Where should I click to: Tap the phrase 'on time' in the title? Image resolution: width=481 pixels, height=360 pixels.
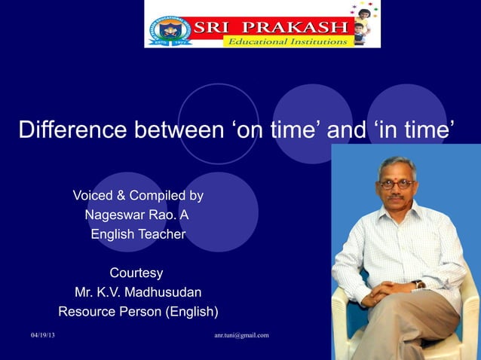(276, 130)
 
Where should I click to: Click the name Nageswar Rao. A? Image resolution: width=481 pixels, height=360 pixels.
(137, 215)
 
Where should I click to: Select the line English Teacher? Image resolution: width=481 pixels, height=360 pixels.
(137, 234)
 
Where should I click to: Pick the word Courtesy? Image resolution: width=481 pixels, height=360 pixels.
(136, 273)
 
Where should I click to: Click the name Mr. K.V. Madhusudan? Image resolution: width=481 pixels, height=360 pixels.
(137, 292)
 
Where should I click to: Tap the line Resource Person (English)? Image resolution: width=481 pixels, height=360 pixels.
(138, 311)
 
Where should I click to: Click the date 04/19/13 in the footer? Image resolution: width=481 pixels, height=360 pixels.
(43, 335)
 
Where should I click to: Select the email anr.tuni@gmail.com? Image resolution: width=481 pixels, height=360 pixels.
(241, 335)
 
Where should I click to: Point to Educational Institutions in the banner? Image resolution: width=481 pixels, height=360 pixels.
(287, 41)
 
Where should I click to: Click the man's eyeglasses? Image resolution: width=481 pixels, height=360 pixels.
(395, 183)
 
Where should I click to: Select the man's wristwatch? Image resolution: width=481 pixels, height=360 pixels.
(417, 285)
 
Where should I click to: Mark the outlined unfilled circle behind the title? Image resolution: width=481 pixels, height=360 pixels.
(219, 124)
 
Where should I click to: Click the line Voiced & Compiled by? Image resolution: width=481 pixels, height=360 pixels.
(137, 196)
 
